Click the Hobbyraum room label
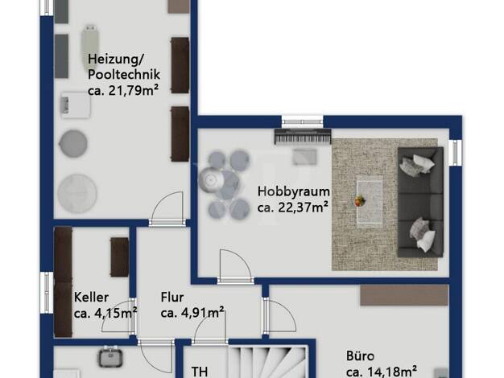click(x=294, y=191)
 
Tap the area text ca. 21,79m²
click(x=123, y=91)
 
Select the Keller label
click(x=91, y=297)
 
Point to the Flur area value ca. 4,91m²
click(x=192, y=313)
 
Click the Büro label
click(x=361, y=356)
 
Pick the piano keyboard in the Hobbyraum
click(x=303, y=137)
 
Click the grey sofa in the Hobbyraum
click(x=420, y=202)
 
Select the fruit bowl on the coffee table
click(x=360, y=201)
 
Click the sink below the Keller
click(x=110, y=357)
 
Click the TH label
click(x=200, y=372)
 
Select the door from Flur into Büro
click(x=279, y=315)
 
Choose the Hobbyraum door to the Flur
click(x=236, y=266)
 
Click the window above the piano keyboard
click(x=303, y=121)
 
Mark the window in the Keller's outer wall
click(x=46, y=292)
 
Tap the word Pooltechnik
click(x=124, y=75)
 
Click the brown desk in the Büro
click(x=404, y=295)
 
